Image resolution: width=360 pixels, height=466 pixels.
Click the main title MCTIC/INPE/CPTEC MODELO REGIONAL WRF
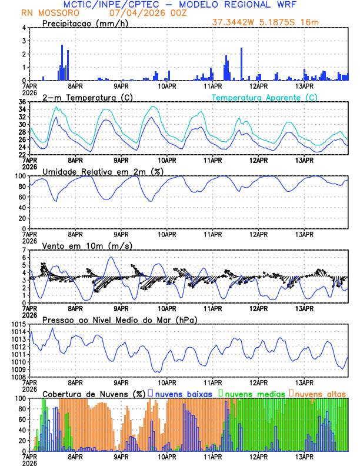point(179,5)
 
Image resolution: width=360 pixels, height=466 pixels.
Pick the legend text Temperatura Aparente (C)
point(265,97)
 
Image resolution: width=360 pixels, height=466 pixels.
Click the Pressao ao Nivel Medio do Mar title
point(120,319)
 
